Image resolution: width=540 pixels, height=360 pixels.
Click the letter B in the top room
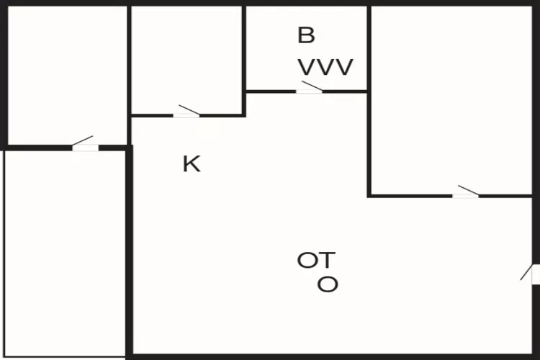pos(306,35)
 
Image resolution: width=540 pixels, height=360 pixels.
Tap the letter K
pos(191,164)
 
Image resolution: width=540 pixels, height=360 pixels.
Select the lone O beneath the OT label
pos(328,284)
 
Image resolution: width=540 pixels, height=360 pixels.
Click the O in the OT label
pos(307,260)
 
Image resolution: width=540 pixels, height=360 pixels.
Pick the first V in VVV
pos(307,68)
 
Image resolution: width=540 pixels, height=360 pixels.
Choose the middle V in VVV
pos(325,68)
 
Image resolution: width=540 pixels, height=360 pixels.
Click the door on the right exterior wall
pos(534,274)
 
